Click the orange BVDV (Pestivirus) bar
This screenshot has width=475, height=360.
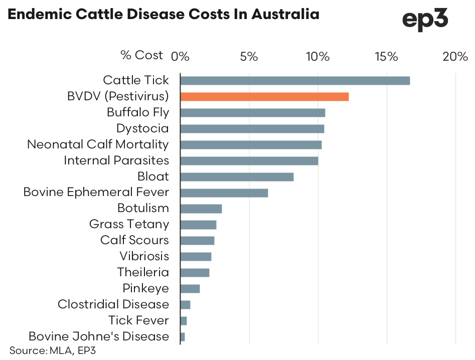[264, 97]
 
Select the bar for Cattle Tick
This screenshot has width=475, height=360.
[295, 81]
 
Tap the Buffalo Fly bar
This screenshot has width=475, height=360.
[252, 113]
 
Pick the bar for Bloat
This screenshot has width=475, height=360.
[237, 177]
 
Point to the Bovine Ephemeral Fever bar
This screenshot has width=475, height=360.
[224, 193]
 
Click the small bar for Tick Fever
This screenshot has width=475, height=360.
[184, 321]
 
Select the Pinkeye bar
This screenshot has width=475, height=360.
[190, 289]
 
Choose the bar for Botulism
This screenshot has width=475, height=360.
[201, 209]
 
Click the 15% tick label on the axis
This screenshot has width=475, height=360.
[386, 56]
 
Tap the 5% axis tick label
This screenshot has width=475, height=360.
[249, 56]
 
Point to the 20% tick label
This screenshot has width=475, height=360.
[455, 56]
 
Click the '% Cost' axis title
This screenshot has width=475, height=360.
[142, 55]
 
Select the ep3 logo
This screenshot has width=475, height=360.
[425, 21]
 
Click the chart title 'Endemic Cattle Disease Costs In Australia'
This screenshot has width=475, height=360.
[164, 15]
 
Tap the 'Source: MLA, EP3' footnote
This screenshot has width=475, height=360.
[52, 350]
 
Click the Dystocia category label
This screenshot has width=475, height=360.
[142, 129]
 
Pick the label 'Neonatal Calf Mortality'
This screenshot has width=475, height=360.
[98, 145]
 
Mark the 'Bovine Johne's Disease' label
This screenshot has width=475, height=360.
[99, 336]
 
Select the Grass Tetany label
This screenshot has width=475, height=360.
[129, 225]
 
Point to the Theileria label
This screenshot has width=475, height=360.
[143, 273]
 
